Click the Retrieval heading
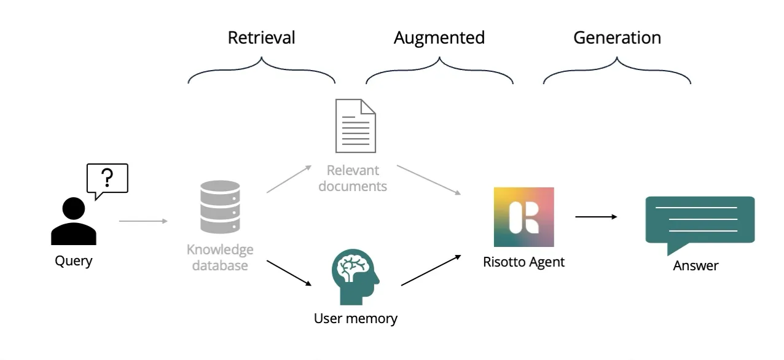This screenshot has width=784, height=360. pyautogui.click(x=261, y=38)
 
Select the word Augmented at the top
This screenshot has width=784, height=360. pyautogui.click(x=439, y=38)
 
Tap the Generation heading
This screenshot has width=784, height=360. pyautogui.click(x=617, y=38)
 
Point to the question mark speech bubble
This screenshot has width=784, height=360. pyautogui.click(x=108, y=179)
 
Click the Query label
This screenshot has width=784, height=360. pyautogui.click(x=74, y=261)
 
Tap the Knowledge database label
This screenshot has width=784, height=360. pyautogui.click(x=220, y=258)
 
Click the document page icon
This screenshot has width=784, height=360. pyautogui.click(x=355, y=126)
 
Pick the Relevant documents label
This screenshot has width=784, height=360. pyautogui.click(x=353, y=178)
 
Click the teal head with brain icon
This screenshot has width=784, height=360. pyautogui.click(x=355, y=276)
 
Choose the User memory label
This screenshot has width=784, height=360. pyautogui.click(x=355, y=319)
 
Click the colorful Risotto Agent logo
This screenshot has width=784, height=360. pyautogui.click(x=523, y=217)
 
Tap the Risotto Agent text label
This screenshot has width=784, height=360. pyautogui.click(x=523, y=262)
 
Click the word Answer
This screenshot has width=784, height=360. pyautogui.click(x=696, y=266)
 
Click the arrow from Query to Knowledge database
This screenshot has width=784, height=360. pyautogui.click(x=143, y=221)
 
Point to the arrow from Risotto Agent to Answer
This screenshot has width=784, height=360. pyautogui.click(x=596, y=216)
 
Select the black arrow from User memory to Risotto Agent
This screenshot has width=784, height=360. pyautogui.click(x=431, y=270)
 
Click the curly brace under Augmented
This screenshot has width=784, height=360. pyautogui.click(x=439, y=71)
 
